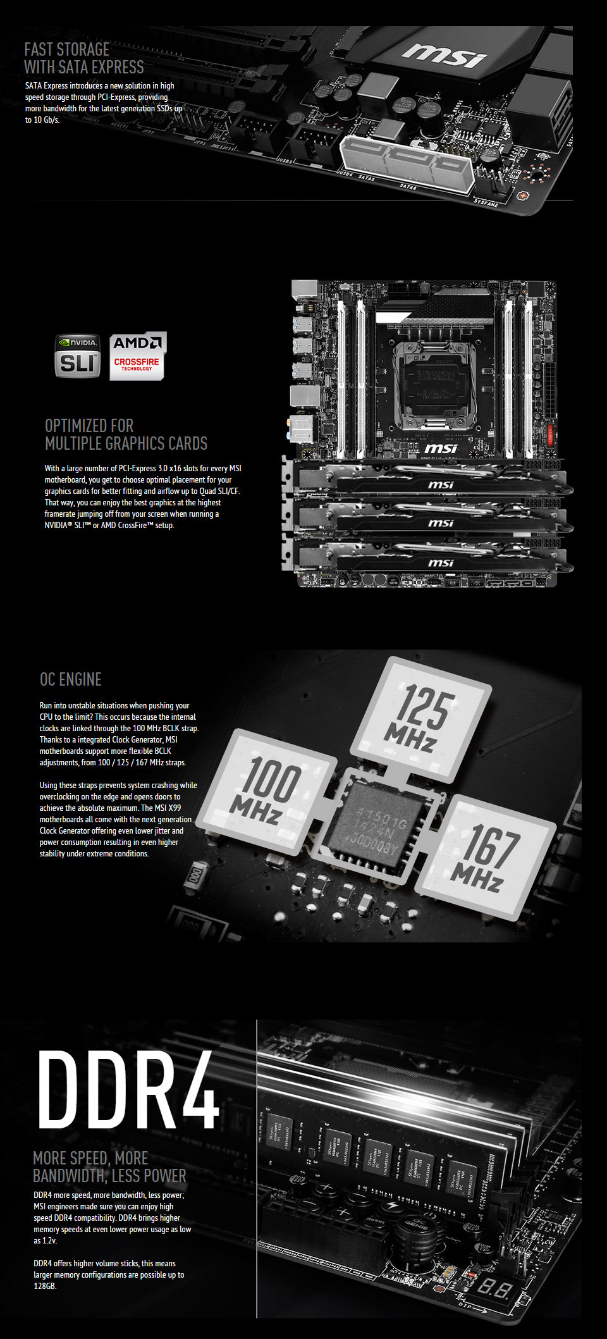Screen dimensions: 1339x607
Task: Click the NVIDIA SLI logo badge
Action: (x=77, y=356)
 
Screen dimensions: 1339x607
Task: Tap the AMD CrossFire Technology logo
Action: (x=137, y=356)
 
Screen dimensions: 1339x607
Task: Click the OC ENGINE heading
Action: (x=71, y=679)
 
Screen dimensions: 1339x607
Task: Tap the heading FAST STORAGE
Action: (x=67, y=49)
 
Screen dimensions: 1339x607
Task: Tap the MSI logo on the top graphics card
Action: (x=441, y=484)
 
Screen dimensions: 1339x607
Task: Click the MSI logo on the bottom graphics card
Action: (x=441, y=562)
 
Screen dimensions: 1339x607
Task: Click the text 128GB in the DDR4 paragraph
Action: (x=45, y=1286)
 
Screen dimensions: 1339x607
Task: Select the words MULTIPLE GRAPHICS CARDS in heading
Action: (x=126, y=443)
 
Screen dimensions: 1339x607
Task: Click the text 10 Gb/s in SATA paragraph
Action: (x=47, y=120)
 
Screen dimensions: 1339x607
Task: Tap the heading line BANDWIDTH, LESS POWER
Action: (x=109, y=1176)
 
